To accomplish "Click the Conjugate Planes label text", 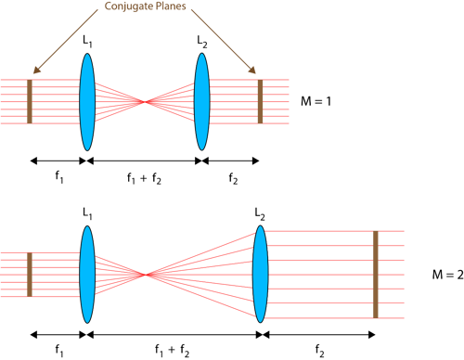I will coord(145,6).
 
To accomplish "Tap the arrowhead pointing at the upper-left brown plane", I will coord(34,71).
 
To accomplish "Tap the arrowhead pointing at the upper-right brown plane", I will coord(254,71).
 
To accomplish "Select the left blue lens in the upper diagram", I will coord(87,102).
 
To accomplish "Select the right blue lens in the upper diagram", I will coord(201,102).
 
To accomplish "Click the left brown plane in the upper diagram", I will coord(30,101).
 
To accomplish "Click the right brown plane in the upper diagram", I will coord(260,101).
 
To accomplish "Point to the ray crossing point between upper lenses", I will coord(145,101).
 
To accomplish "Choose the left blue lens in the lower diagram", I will coord(87,274).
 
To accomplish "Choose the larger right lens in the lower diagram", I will coord(261,274).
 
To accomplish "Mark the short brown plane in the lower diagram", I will coord(30,274).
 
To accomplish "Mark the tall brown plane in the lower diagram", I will coord(375,274).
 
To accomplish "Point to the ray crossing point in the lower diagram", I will coord(145,274).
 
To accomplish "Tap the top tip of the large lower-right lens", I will coord(261,226).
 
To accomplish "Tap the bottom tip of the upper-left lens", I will coord(87,149).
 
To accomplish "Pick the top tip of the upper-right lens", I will coord(201,55).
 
